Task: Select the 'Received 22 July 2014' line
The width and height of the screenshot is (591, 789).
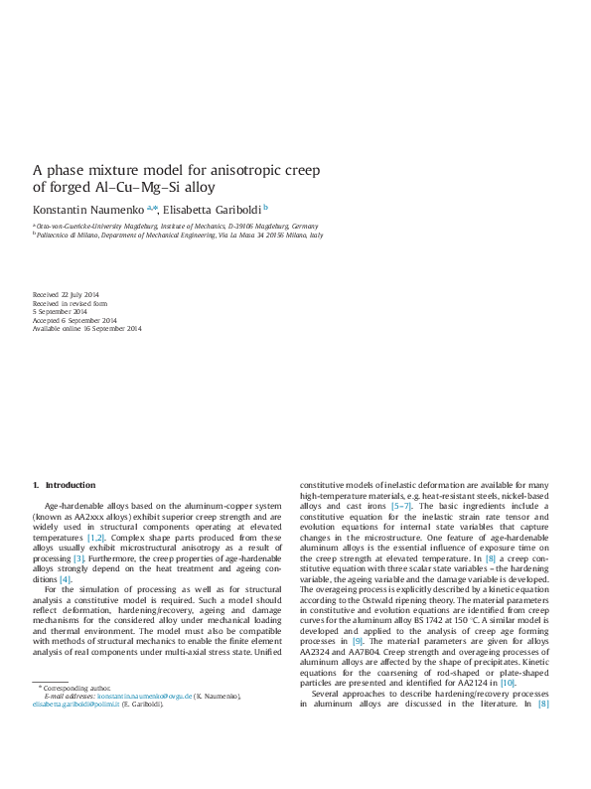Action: tap(66, 295)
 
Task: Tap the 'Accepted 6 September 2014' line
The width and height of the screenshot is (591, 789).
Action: tap(74, 320)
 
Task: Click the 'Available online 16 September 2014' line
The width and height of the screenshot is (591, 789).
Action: tap(87, 329)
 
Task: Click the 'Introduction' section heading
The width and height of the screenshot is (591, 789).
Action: tap(71, 485)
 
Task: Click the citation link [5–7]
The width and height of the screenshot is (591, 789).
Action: tap(401, 506)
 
